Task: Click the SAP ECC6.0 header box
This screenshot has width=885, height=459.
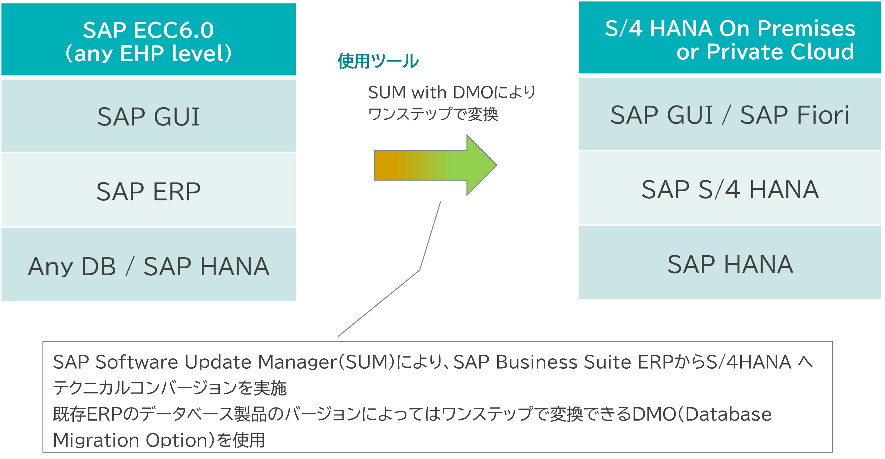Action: [x=148, y=39]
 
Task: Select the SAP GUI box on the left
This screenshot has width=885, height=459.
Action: [x=148, y=116]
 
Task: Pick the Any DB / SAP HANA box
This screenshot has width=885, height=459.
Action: [x=148, y=266]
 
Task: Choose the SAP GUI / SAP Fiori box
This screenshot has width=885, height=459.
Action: [x=730, y=115]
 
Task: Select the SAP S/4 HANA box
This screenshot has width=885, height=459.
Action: [x=730, y=189]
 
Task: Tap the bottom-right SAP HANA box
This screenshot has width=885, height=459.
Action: [x=730, y=264]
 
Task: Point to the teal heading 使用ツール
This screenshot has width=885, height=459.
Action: [x=378, y=62]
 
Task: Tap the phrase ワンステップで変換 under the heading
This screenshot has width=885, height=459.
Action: [x=433, y=114]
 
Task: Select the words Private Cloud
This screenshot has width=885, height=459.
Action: [x=780, y=52]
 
